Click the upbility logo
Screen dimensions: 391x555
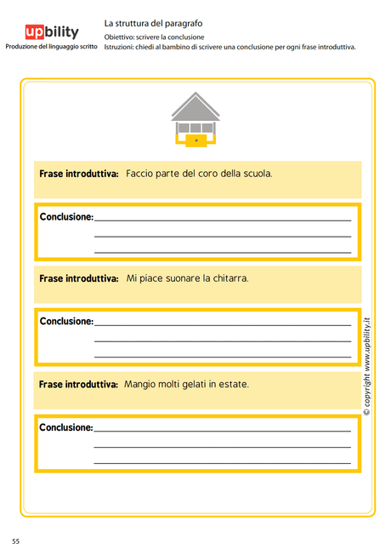coord(51,32)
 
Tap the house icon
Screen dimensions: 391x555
coord(195,119)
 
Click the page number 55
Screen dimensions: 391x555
coord(15,541)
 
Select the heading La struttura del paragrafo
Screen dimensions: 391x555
coord(153,24)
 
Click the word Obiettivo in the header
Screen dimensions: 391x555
coord(119,37)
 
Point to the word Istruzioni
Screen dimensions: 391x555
coord(120,47)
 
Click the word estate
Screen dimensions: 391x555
coord(233,385)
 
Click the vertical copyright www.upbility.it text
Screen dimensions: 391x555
coord(367,366)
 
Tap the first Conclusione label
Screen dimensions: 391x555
coord(66,217)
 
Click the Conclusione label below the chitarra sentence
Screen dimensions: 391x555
coord(66,322)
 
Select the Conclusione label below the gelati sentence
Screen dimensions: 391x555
coord(66,427)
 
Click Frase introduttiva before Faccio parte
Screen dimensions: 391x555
coord(78,174)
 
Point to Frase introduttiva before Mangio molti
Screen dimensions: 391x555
coord(78,385)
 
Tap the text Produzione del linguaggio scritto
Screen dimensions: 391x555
coord(51,46)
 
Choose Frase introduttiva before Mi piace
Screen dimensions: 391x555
coord(78,278)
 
